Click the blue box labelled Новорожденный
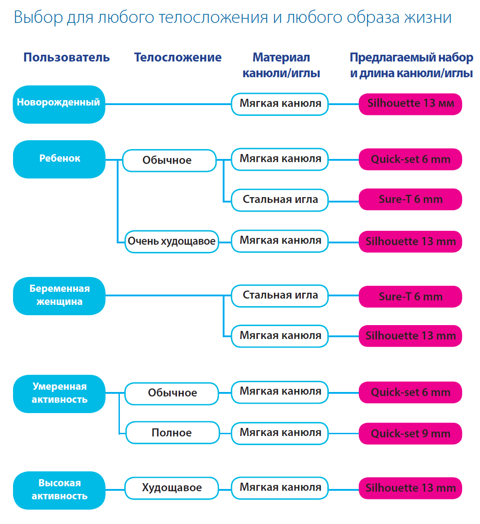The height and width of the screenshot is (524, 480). pos(59,104)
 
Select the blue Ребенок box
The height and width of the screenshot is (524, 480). pos(59,159)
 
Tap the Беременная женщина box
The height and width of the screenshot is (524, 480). pos(59,296)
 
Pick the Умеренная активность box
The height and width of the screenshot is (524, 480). pos(59,394)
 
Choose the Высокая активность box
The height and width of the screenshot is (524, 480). pos(59,490)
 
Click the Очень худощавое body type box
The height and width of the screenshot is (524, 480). pos(172,241)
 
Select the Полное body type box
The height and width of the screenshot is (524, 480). pos(172,432)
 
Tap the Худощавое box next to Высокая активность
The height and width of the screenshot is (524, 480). pos(172,488)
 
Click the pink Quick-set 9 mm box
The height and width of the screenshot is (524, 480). pos(410,433)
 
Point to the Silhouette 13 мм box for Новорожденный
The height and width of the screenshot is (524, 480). pos(410,104)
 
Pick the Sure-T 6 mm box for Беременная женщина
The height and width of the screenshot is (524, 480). pos(410,296)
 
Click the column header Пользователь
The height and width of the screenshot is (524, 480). pos(66,57)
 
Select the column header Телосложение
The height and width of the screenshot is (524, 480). pos(178,57)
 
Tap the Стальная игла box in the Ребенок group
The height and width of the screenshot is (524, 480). pos(280,200)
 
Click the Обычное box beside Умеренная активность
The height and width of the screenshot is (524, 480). pos(172,393)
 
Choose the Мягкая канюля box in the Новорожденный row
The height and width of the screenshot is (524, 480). pos(280,104)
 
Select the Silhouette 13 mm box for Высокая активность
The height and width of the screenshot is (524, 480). pos(410,488)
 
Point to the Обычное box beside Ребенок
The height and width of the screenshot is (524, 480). pos(169,160)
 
